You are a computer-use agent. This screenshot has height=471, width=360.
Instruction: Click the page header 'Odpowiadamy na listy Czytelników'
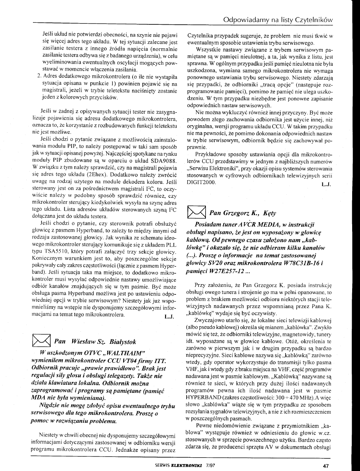[278, 19]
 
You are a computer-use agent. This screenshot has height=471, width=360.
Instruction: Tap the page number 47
[325, 466]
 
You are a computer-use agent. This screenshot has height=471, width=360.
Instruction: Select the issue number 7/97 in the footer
[211, 466]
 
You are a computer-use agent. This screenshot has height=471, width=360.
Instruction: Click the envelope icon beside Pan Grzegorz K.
[198, 214]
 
